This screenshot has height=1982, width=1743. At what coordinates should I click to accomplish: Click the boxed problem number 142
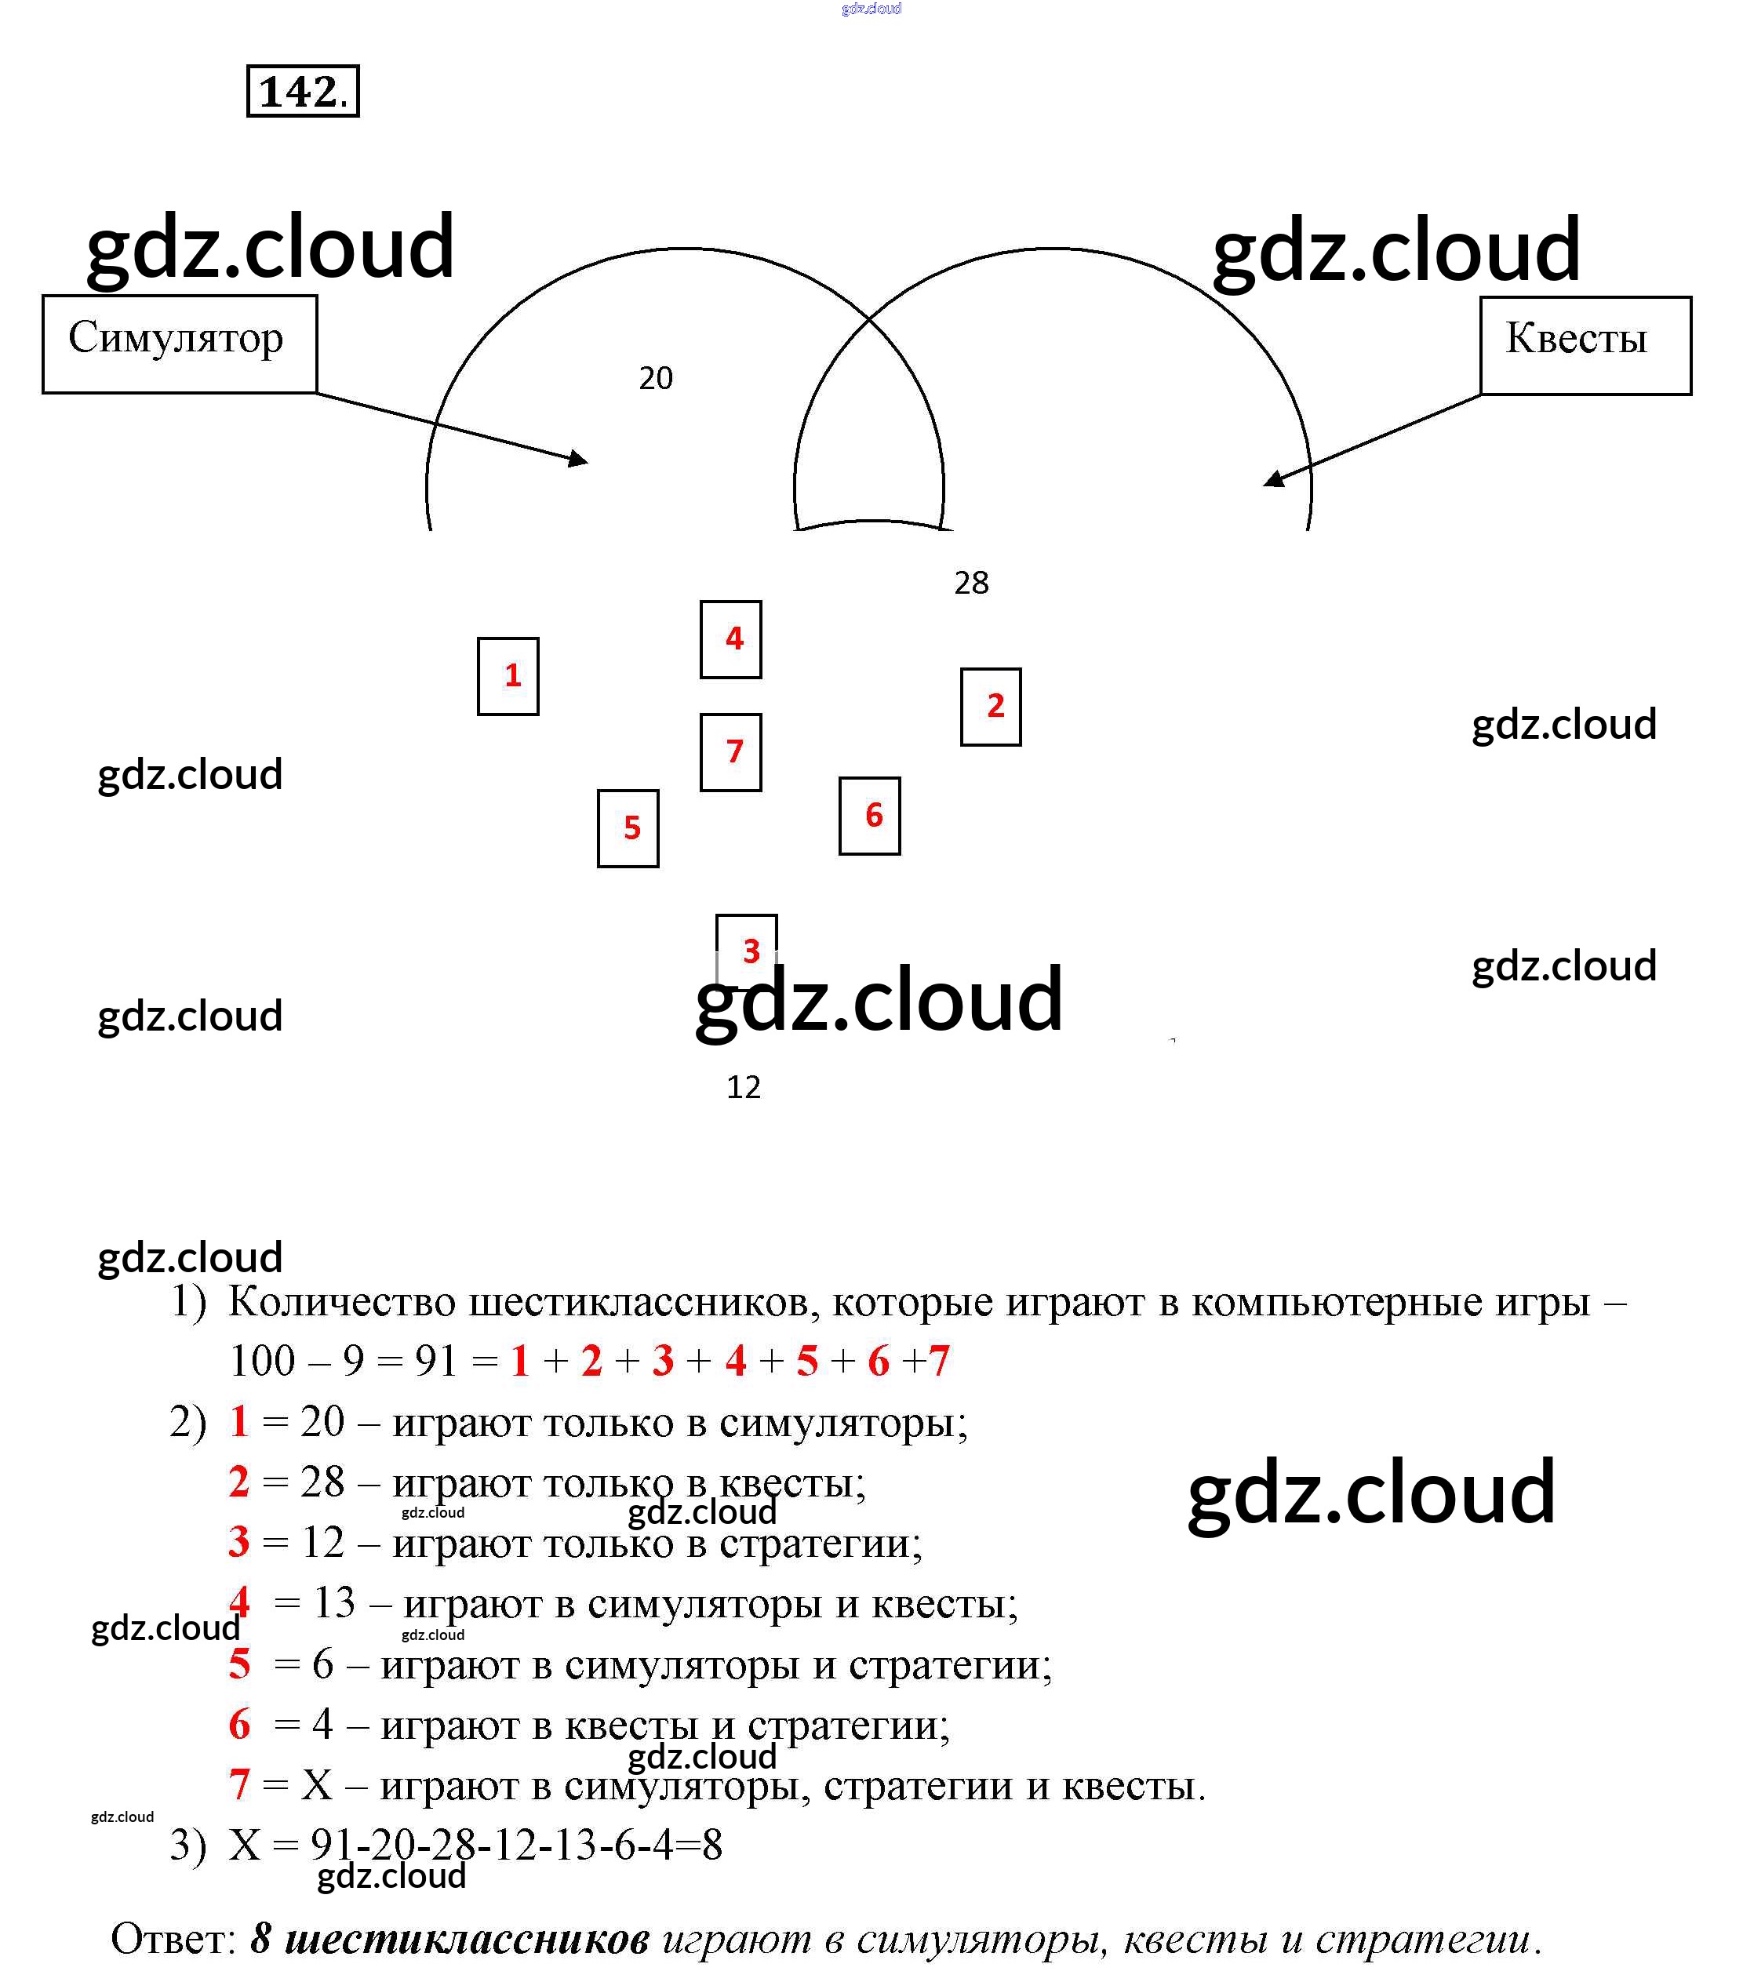[x=302, y=91]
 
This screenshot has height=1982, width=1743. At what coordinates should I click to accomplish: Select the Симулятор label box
[x=179, y=344]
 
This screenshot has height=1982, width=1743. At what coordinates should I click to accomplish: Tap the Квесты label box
[x=1584, y=344]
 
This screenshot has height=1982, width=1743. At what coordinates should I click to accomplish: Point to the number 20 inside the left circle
[x=655, y=378]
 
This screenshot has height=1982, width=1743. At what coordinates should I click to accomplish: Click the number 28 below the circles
[x=971, y=583]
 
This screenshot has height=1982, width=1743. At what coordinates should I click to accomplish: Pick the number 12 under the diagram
[x=743, y=1087]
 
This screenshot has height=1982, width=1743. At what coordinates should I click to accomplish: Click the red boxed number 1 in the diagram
[x=508, y=676]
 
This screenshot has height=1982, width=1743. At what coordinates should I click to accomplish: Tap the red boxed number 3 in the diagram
[x=747, y=948]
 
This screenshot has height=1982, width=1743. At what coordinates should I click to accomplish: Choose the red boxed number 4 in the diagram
[x=731, y=639]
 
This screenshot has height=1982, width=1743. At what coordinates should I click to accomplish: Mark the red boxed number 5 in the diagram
[x=628, y=828]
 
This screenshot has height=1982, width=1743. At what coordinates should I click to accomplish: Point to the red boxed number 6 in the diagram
[x=870, y=816]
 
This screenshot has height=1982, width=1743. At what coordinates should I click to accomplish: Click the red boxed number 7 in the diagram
[x=731, y=751]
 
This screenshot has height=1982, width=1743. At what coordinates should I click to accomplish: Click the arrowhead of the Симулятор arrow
[x=579, y=460]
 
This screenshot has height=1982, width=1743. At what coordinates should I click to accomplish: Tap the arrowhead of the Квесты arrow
[x=1272, y=479]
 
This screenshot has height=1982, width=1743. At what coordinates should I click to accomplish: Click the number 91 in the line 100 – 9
[x=435, y=1361]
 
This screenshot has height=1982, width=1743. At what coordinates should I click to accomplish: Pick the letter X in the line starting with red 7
[x=316, y=1784]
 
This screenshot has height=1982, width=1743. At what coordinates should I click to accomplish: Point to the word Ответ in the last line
[x=173, y=1938]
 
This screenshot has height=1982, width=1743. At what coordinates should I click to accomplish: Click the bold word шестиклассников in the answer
[x=467, y=1938]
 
